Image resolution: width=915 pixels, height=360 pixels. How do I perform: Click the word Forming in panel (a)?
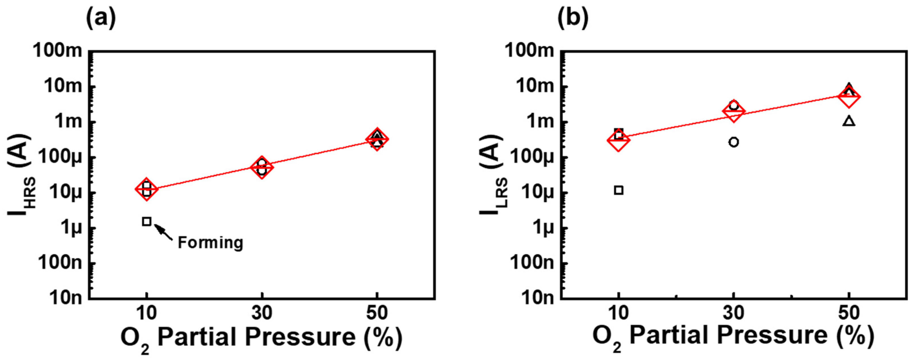click(210, 243)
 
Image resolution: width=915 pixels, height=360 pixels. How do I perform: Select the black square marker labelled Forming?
click(146, 221)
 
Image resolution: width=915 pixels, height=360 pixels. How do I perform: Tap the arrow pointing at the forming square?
click(164, 232)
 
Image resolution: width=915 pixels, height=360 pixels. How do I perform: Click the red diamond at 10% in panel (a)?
click(146, 189)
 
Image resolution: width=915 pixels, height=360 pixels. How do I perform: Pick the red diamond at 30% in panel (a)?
click(262, 167)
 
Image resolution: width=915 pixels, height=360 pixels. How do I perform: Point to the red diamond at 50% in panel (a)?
click(377, 139)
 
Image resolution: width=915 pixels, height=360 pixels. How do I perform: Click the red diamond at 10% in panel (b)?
click(618, 140)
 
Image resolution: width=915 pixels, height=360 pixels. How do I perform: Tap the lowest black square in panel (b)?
click(618, 190)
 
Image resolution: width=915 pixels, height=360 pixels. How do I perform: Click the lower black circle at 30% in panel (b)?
click(734, 142)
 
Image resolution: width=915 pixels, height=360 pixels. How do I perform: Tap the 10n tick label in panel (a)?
click(65, 298)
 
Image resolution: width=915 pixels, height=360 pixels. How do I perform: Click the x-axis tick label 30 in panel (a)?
click(262, 313)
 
